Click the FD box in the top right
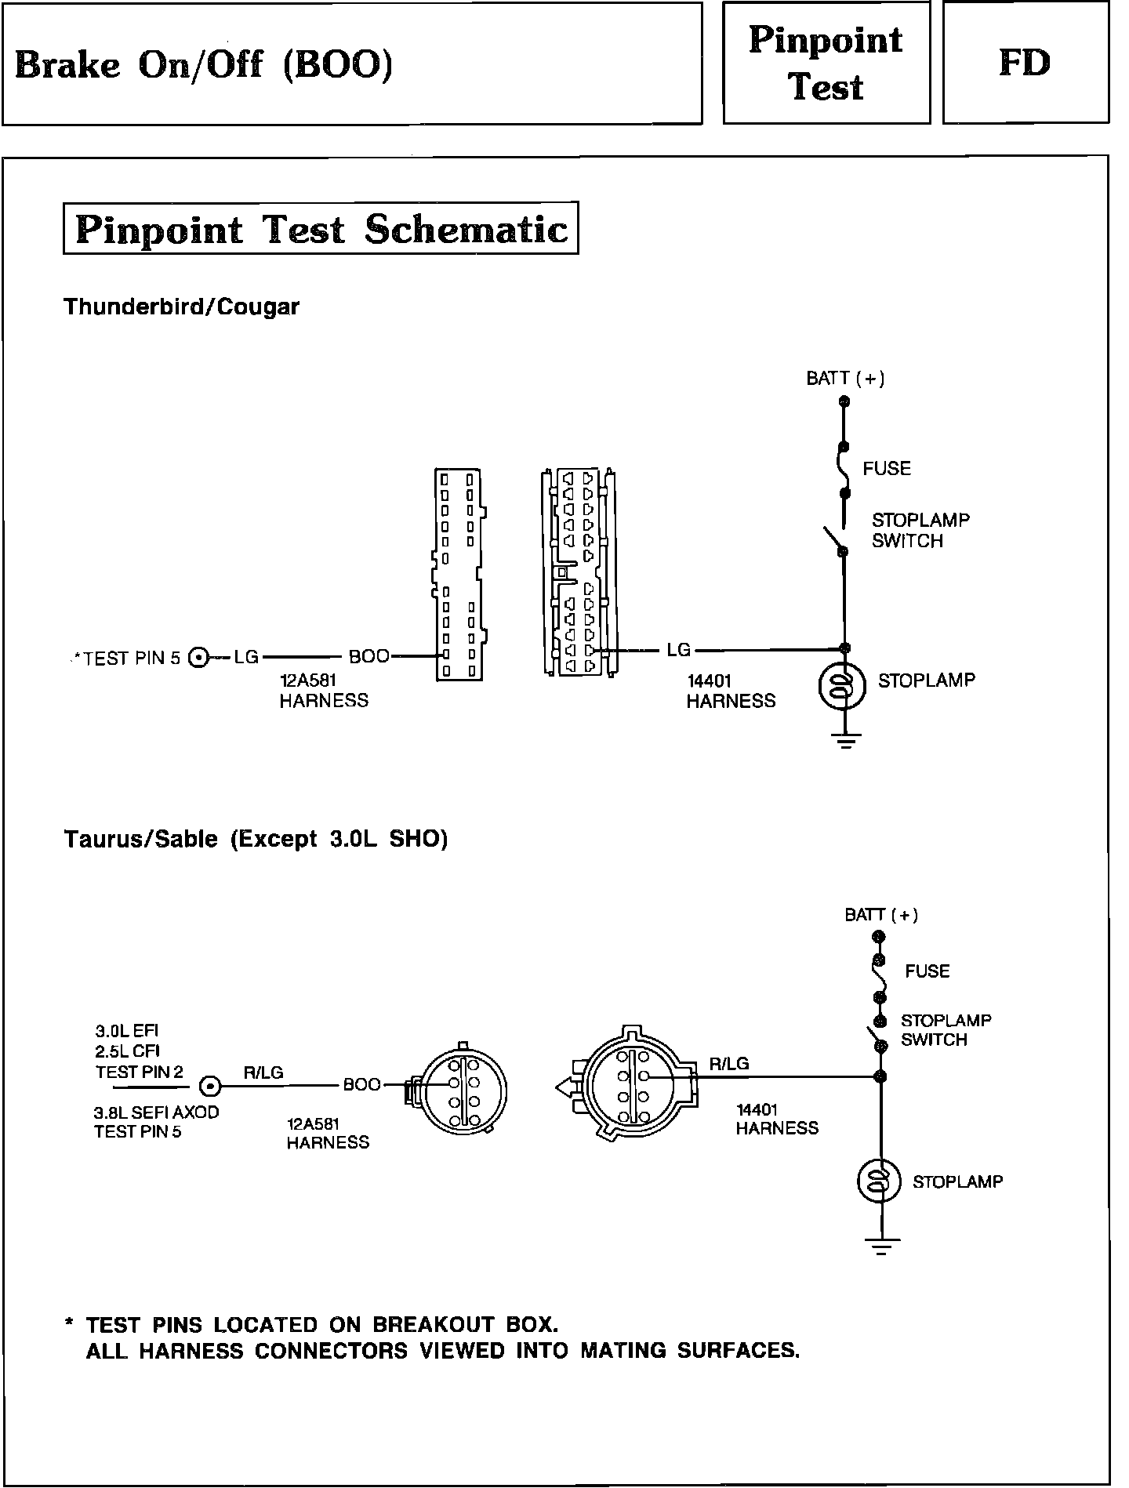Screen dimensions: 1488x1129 tap(1025, 63)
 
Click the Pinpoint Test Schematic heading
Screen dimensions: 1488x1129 tap(321, 229)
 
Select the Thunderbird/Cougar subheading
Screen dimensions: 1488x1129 tap(181, 307)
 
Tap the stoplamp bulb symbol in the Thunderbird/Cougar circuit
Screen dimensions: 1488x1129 tap(842, 687)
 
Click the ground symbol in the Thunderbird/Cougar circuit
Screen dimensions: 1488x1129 tap(845, 739)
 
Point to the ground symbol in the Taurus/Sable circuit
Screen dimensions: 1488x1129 tap(882, 1246)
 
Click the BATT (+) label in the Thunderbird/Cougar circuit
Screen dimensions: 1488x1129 tap(845, 379)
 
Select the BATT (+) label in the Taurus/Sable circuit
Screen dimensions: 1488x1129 tap(881, 915)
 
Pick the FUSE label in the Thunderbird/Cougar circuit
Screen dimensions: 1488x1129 tap(887, 469)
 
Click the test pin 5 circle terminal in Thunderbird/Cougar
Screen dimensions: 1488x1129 tap(199, 658)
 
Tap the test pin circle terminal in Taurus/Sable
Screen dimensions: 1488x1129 tap(210, 1087)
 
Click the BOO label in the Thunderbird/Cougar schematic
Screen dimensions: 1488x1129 tap(368, 657)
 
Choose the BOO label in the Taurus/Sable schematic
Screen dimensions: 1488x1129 tap(361, 1085)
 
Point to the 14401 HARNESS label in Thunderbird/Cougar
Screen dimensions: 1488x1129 tap(731, 691)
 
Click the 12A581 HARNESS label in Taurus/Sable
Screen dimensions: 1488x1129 tap(328, 1134)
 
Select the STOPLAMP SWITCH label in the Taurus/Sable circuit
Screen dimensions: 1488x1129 tap(946, 1030)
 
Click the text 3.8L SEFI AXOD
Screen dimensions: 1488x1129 tap(156, 1112)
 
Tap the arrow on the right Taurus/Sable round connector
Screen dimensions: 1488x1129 tap(564, 1087)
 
